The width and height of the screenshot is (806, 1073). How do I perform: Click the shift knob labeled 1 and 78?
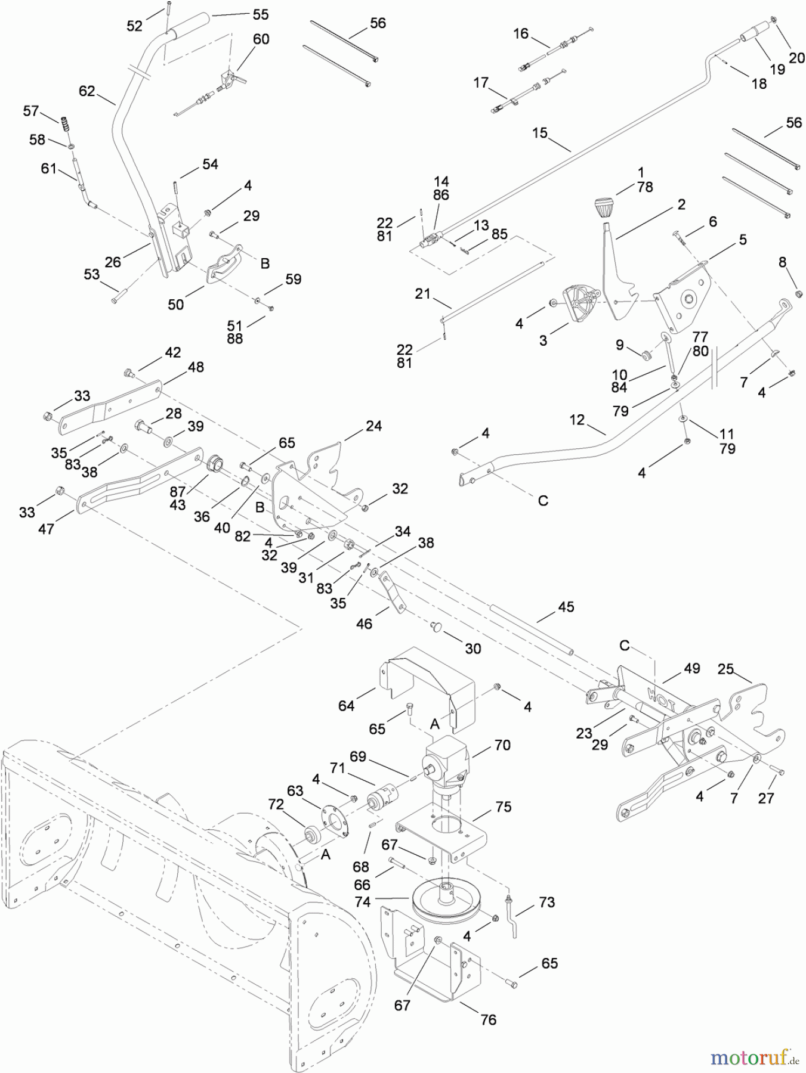point(604,209)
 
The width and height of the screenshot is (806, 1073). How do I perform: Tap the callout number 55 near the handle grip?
point(261,14)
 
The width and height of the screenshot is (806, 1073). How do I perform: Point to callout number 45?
point(566,607)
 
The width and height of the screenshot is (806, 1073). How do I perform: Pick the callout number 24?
point(373,426)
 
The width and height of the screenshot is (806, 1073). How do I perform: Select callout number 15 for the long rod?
point(539,133)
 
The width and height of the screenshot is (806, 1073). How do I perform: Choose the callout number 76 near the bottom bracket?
point(488,1020)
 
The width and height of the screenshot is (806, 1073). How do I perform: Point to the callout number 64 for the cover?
point(346,706)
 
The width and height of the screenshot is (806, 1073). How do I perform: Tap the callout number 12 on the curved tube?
point(577,420)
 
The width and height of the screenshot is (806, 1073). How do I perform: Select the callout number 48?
point(196,367)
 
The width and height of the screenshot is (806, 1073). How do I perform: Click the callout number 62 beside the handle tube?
point(87,91)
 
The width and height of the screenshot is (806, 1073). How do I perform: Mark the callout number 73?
point(546,903)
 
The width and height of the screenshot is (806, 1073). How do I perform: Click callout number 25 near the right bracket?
point(725,669)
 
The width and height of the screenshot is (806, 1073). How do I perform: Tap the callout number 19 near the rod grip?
point(777,69)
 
